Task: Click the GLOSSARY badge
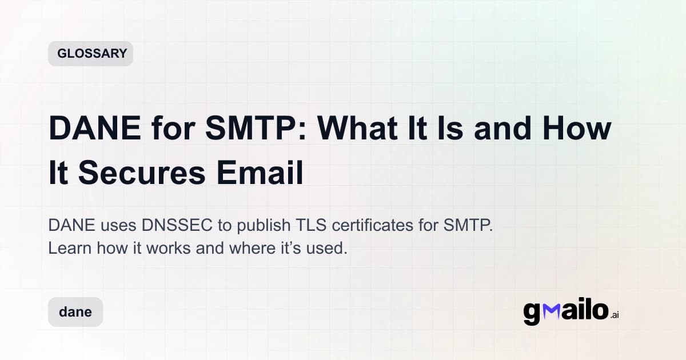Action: click(90, 54)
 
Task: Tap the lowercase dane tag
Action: click(75, 312)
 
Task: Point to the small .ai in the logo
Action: click(614, 315)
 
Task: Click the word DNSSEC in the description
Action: click(174, 225)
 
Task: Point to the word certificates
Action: click(372, 225)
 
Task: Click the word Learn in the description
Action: click(66, 249)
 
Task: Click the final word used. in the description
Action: click(328, 249)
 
